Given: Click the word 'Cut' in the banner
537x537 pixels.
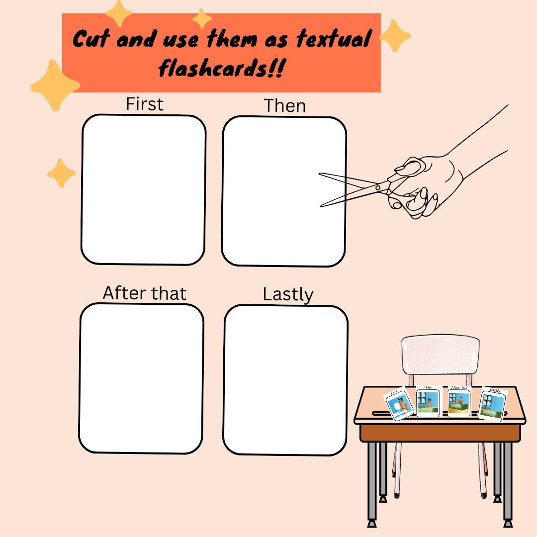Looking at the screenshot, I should [91, 39].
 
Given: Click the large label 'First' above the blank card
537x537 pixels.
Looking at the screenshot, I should [144, 104].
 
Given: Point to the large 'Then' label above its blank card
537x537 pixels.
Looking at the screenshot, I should [284, 106].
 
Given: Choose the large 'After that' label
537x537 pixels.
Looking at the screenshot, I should [144, 293].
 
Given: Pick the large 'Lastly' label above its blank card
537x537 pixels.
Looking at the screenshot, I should [288, 294].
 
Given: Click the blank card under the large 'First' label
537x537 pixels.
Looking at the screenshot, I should [143, 189].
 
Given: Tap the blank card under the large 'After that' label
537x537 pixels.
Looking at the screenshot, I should [141, 378].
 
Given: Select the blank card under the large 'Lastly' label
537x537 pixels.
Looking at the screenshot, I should [285, 380].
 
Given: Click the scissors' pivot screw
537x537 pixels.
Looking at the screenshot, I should [378, 187].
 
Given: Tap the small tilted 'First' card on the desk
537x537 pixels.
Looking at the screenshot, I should [399, 405].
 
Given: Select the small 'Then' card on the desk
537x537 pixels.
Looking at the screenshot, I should [428, 402].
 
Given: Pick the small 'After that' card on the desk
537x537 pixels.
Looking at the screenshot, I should [458, 402].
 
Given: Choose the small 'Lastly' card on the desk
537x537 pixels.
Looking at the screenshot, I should [492, 404].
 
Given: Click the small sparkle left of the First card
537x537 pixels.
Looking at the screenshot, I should [61, 173].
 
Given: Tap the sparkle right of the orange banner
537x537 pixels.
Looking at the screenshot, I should [395, 36].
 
